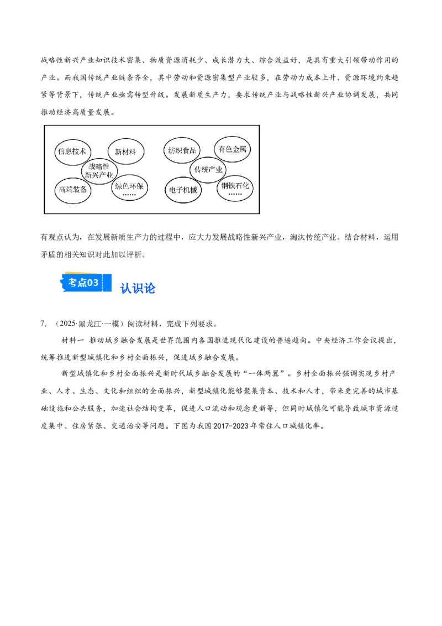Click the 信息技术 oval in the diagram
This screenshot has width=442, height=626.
tap(72, 152)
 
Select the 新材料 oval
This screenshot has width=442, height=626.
tap(125, 152)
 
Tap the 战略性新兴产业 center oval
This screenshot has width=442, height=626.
tap(99, 171)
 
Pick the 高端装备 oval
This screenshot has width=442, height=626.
tap(72, 190)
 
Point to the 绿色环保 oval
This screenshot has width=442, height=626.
tap(129, 188)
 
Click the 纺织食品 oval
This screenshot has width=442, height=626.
tap(182, 150)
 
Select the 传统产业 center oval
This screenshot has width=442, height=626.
tap(208, 170)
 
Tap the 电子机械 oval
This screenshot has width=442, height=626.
tap(183, 190)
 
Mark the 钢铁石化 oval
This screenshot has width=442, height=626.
tap(235, 188)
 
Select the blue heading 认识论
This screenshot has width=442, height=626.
tap(138, 288)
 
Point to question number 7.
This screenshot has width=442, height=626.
tap(44, 324)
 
